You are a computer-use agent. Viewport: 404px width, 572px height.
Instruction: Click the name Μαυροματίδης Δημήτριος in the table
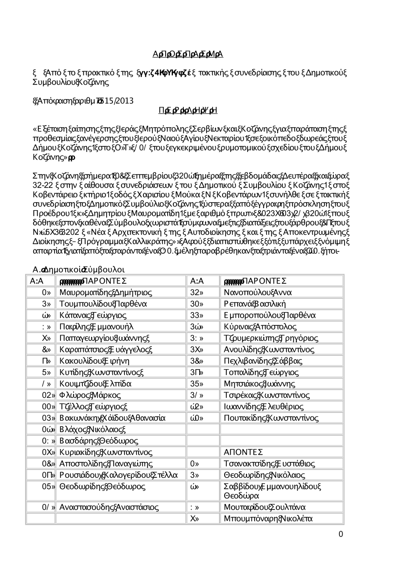click(x=105, y=292)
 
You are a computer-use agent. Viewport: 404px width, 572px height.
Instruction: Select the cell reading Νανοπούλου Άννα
click(x=258, y=292)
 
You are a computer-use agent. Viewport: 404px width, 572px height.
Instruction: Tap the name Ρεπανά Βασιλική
click(x=255, y=304)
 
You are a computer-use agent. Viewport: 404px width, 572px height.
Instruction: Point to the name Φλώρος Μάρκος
click(x=90, y=395)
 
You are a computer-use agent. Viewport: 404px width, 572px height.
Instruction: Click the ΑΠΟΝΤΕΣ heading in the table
click(x=243, y=452)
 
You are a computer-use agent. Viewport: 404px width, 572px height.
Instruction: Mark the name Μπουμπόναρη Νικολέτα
click(x=268, y=518)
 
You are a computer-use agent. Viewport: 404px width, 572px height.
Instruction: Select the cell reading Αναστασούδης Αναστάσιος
click(x=109, y=507)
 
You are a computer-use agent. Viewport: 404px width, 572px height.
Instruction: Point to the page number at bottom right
click(x=341, y=534)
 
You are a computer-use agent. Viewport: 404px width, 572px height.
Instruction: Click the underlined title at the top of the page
click(x=188, y=54)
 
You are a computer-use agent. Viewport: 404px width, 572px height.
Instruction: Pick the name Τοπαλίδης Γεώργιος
click(x=261, y=372)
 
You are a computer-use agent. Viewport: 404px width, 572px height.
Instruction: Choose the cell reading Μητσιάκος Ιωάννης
click(x=259, y=384)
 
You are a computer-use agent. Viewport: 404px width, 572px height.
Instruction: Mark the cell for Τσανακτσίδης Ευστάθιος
click(x=269, y=464)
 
